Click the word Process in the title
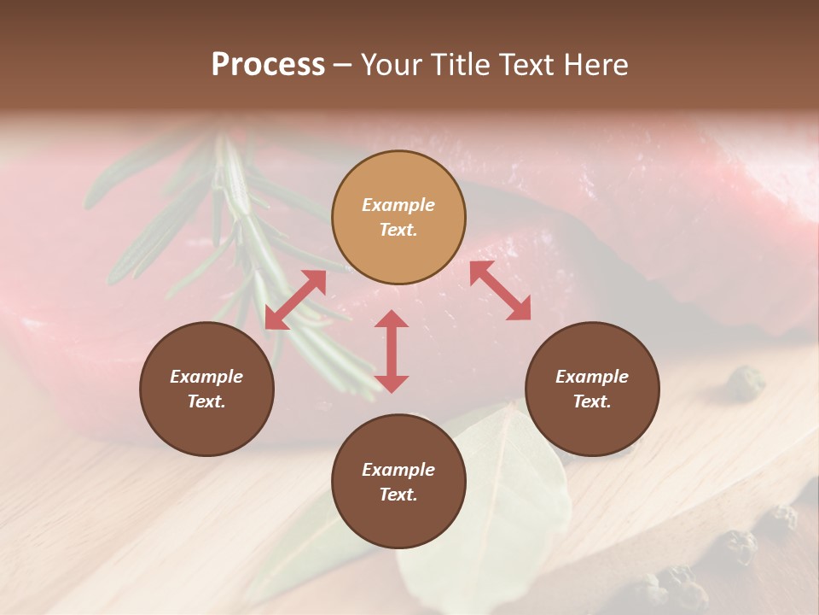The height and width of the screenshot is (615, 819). coord(268,65)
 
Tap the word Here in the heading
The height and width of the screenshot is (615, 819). coord(596,65)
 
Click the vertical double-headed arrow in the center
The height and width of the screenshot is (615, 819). coord(392,351)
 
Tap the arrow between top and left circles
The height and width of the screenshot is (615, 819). coord(295,300)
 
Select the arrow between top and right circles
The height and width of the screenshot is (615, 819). coord(500,290)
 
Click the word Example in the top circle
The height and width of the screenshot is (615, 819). coord(398,205)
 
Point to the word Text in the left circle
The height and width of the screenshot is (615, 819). coord(206,401)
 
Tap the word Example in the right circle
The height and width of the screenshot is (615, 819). coord(592,377)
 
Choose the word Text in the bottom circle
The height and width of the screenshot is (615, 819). coord(398,495)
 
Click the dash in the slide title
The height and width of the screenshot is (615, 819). coord(343,65)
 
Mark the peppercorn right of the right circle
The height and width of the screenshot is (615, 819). coord(746,382)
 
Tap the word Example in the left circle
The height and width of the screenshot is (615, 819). coord(206,377)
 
